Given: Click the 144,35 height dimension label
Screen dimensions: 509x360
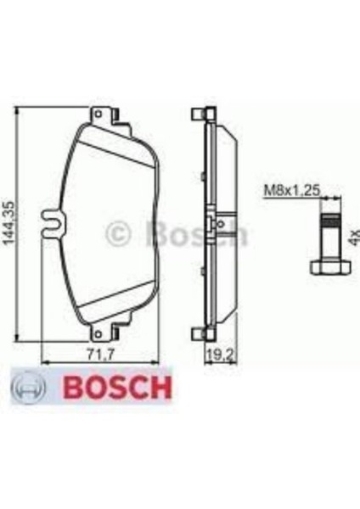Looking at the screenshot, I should [x=10, y=222].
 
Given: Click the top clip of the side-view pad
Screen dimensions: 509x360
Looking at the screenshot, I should [x=199, y=114].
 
